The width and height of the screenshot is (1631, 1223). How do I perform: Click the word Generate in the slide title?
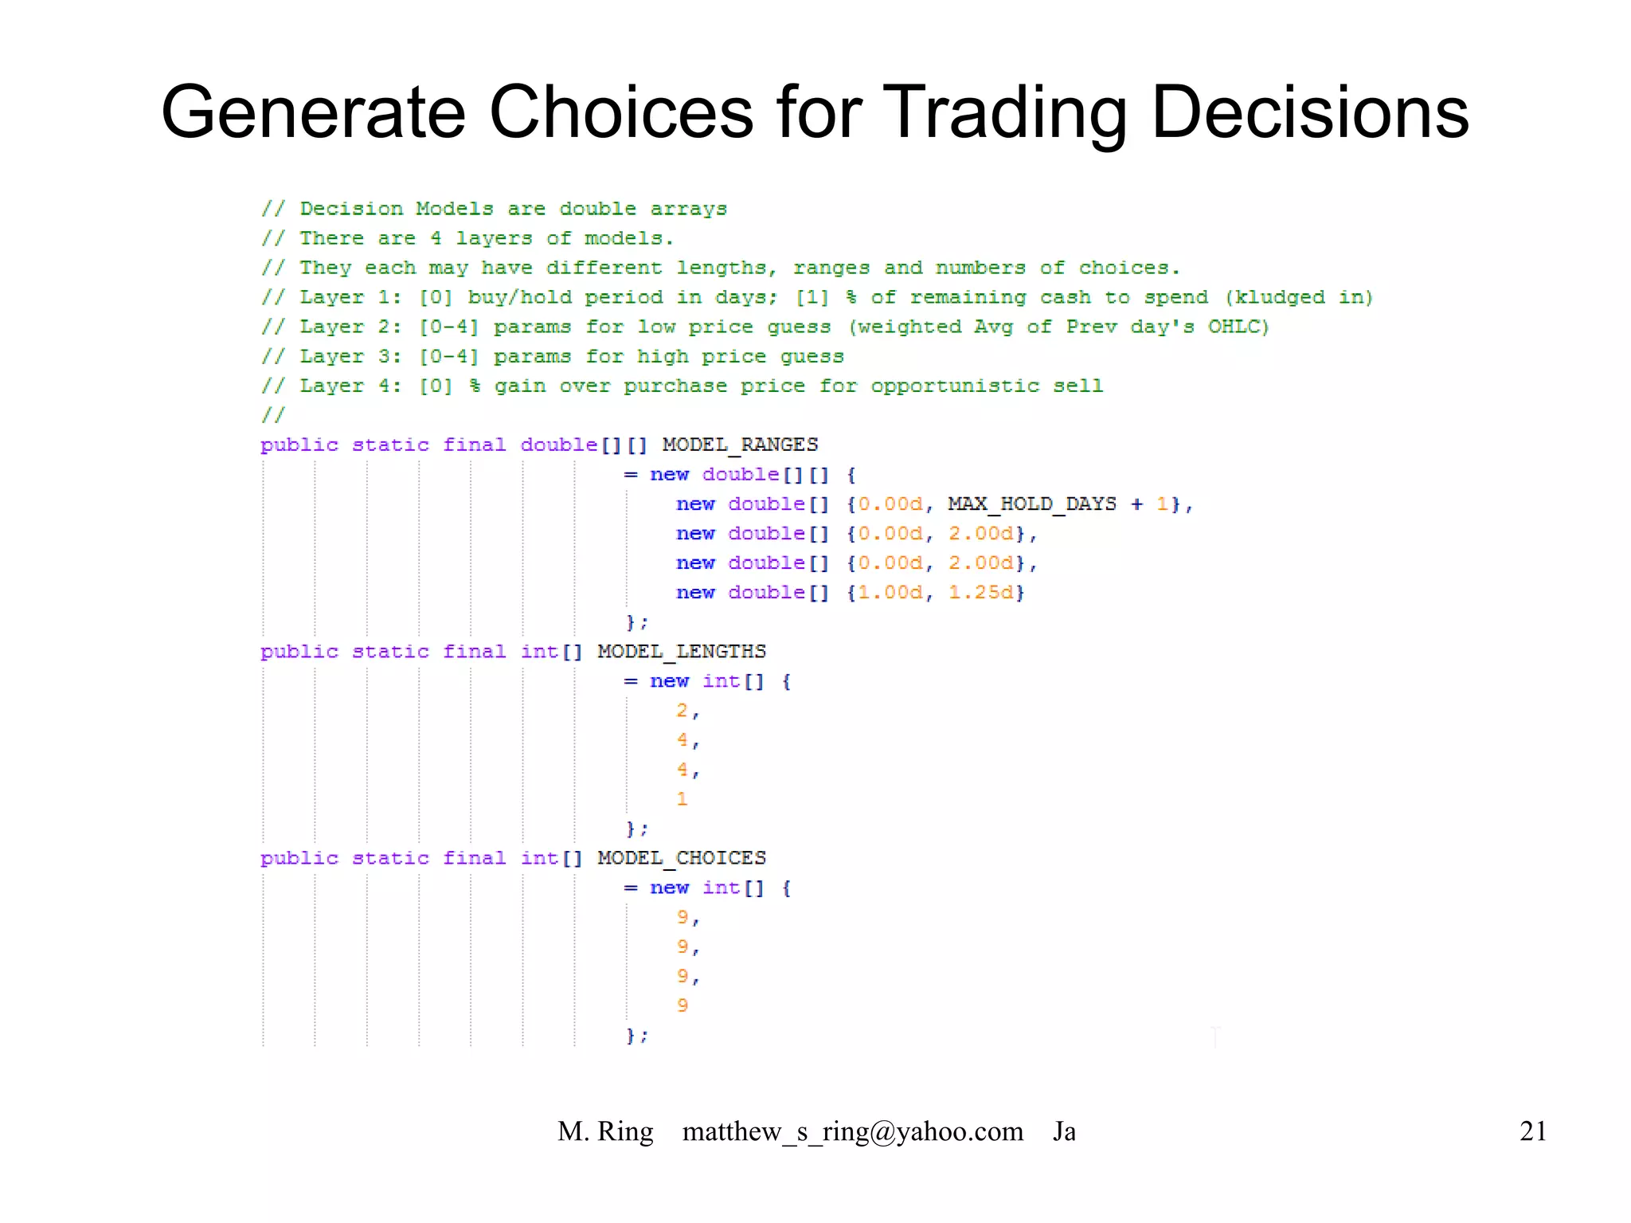tap(313, 112)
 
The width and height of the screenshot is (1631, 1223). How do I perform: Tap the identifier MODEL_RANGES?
tap(740, 445)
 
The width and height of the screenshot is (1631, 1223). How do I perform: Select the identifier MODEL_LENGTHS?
tap(682, 652)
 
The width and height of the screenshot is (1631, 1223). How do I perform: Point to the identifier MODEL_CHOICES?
tap(682, 858)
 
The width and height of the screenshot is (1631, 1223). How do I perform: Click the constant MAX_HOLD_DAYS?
tap(1031, 504)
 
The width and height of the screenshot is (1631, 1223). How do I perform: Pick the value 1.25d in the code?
tap(981, 593)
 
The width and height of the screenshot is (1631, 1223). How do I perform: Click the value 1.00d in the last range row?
tap(890, 593)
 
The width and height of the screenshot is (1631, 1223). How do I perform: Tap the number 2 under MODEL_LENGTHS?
tap(682, 711)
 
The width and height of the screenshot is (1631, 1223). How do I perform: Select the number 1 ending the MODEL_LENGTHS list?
tap(682, 799)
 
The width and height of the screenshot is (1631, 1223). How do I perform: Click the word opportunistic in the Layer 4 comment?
tap(954, 386)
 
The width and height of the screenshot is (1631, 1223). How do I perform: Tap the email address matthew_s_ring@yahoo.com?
tap(852, 1131)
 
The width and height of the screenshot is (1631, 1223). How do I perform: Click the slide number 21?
tap(1532, 1131)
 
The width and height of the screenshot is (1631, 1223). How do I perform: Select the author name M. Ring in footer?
tap(605, 1131)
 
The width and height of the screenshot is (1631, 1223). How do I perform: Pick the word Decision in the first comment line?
tap(351, 209)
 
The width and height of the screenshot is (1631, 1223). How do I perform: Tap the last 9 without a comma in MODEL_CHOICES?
tap(683, 1005)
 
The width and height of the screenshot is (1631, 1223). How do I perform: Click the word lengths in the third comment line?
tap(721, 268)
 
